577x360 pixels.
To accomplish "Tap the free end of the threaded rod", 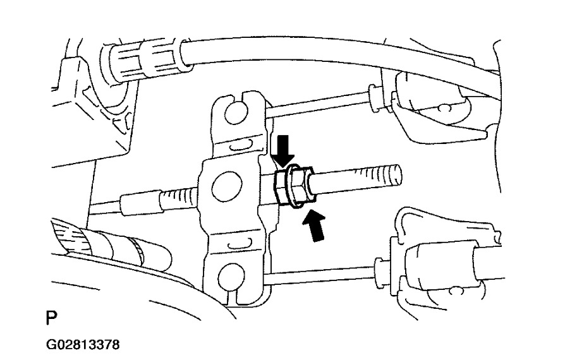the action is [x=395, y=171].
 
